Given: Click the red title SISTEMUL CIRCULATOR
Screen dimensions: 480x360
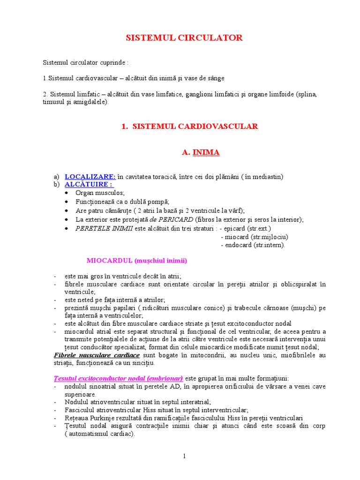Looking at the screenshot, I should pos(184,38).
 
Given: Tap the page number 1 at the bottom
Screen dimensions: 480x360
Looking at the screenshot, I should pos(185,456).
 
